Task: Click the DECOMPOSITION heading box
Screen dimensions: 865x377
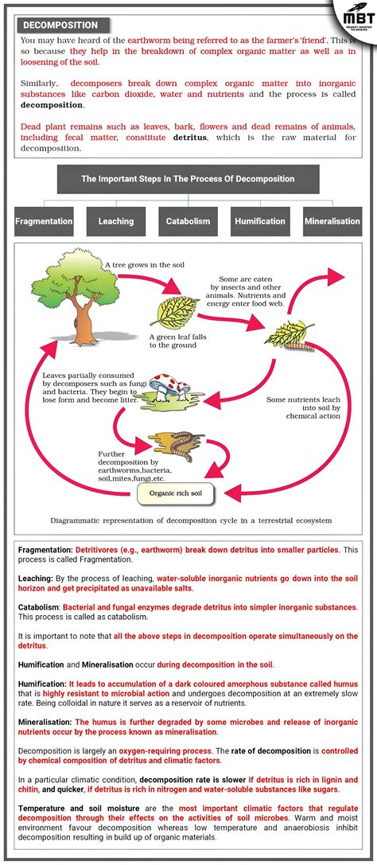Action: pyautogui.click(x=60, y=25)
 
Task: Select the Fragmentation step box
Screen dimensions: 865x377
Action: pyautogui.click(x=45, y=221)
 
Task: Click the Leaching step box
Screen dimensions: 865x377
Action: pyautogui.click(x=116, y=221)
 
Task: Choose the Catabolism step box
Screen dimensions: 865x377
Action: pyautogui.click(x=188, y=221)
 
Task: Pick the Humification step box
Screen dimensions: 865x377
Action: pyautogui.click(x=260, y=221)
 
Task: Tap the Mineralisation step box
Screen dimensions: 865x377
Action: pyautogui.click(x=332, y=221)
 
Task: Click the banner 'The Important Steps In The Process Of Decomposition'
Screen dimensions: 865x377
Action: pyautogui.click(x=188, y=179)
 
